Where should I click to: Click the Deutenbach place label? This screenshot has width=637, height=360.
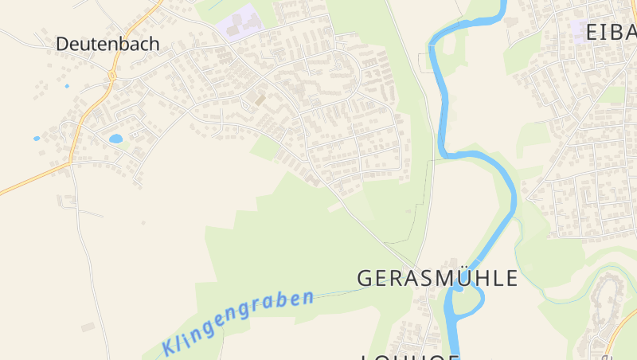point(107,45)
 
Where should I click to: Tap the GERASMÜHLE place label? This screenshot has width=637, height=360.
point(437,278)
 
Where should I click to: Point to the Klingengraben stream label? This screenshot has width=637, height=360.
point(236,323)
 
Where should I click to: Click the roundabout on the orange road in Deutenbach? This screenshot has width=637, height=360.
point(112,76)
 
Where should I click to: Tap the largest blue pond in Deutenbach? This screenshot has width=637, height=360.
point(116,139)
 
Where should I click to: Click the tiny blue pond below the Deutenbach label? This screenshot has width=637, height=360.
point(67,86)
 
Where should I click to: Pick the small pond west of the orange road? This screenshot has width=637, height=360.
point(37,139)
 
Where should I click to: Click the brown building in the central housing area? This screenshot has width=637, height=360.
point(259,100)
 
